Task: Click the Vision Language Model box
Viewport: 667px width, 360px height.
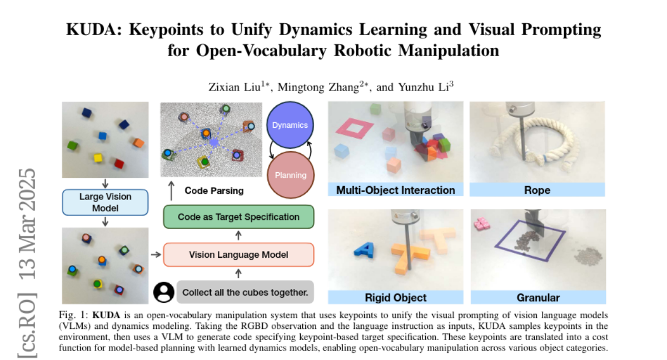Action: pos(238,255)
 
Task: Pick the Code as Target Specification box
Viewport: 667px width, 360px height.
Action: pos(238,217)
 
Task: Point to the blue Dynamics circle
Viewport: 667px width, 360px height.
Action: pos(290,125)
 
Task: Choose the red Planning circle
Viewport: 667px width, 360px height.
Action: pos(290,174)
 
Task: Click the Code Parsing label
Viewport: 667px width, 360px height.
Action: pos(213,191)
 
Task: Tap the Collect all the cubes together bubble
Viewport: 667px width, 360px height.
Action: pos(245,292)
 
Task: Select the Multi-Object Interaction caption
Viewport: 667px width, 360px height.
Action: pos(395,190)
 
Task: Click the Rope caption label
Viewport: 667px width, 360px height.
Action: pos(537,190)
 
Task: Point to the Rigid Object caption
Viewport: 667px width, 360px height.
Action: pos(395,297)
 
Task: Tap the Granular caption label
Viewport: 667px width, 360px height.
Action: pos(537,297)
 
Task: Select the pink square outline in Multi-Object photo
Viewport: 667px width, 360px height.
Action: pos(353,129)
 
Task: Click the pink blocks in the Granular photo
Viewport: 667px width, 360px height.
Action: pos(481,225)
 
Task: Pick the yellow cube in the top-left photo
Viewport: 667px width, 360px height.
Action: pos(98,158)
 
